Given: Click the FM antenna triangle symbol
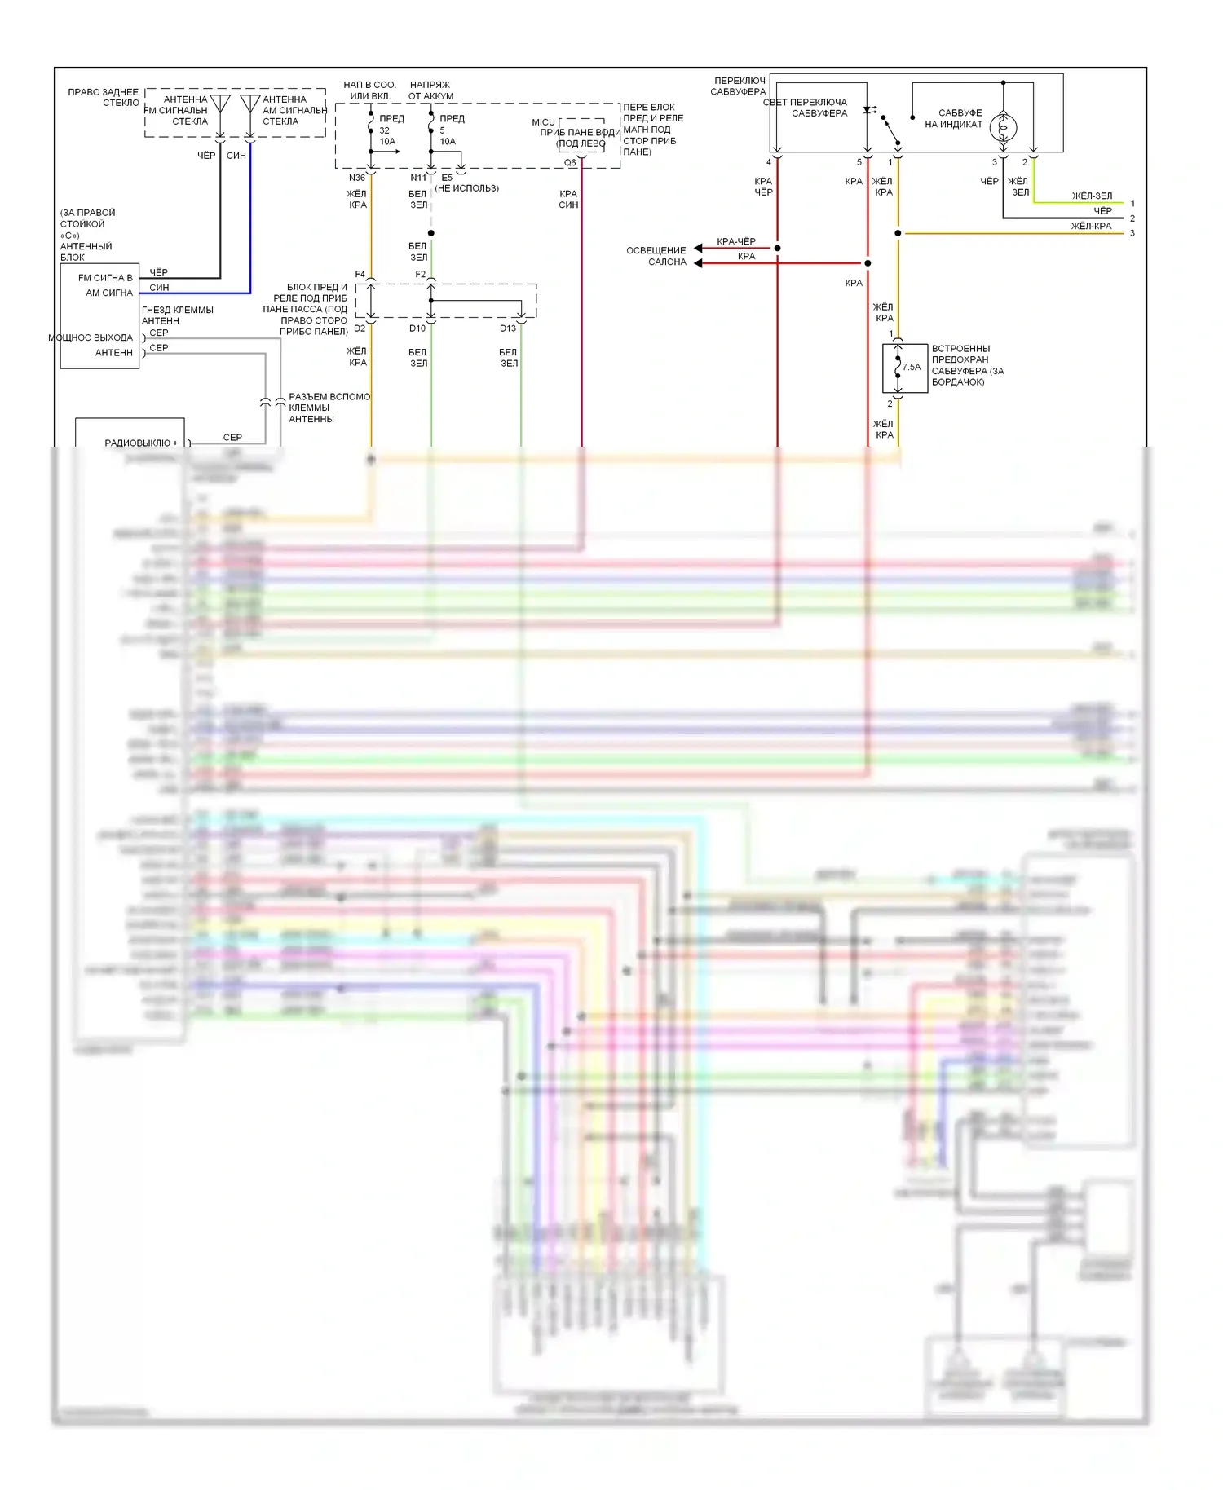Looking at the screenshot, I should (220, 104).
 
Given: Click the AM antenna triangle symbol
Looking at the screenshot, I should (250, 104).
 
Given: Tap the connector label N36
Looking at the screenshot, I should (357, 178).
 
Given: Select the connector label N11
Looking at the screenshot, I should (417, 178).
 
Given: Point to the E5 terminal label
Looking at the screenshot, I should (447, 178).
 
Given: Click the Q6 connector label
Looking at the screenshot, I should (570, 163).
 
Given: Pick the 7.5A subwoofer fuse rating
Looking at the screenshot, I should (912, 368).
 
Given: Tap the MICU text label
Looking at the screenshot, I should (543, 122).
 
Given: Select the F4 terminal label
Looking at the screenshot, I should (360, 275).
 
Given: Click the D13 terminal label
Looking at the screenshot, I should (508, 328).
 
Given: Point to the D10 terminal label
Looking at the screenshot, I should (417, 328).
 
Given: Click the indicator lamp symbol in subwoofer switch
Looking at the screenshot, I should (1003, 127).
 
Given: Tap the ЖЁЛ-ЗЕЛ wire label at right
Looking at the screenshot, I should (1092, 196).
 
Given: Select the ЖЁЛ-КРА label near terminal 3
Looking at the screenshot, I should (1091, 226).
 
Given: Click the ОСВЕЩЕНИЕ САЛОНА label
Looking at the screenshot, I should (656, 256).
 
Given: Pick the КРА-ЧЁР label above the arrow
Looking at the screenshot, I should (736, 241).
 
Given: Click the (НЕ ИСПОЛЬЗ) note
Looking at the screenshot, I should (466, 188).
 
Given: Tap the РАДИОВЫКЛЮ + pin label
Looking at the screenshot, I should (141, 443).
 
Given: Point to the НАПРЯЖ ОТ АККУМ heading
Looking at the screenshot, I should (430, 90).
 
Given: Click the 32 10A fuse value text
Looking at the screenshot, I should (386, 136).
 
